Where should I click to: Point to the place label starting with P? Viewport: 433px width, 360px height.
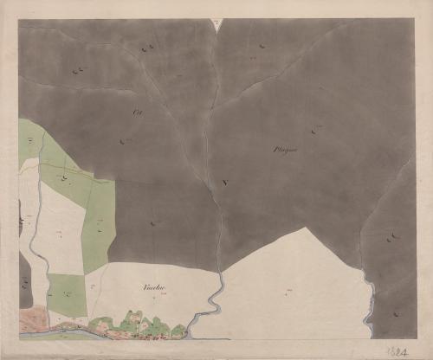tap(285, 151)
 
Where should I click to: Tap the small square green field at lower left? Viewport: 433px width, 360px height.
tap(67, 293)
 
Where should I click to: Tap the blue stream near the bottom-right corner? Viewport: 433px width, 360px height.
tap(372, 312)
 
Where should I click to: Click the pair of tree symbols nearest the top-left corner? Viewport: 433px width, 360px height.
tap(79, 71)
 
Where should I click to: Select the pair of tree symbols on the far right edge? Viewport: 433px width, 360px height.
tap(393, 235)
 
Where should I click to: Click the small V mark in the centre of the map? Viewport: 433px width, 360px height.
tap(224, 183)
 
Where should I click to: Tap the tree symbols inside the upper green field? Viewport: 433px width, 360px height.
tap(65, 177)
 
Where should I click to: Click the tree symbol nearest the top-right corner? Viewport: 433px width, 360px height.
tap(262, 46)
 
